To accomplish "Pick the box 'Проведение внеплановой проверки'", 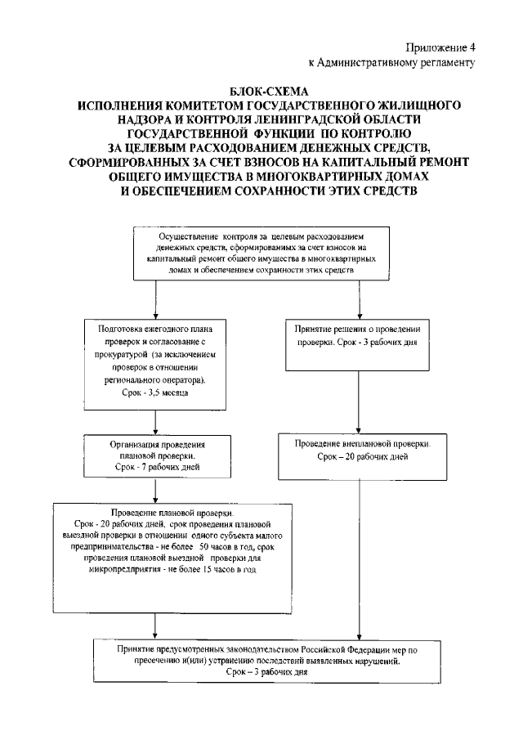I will coord(361,455).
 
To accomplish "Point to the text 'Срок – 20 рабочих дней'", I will coord(360,455).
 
